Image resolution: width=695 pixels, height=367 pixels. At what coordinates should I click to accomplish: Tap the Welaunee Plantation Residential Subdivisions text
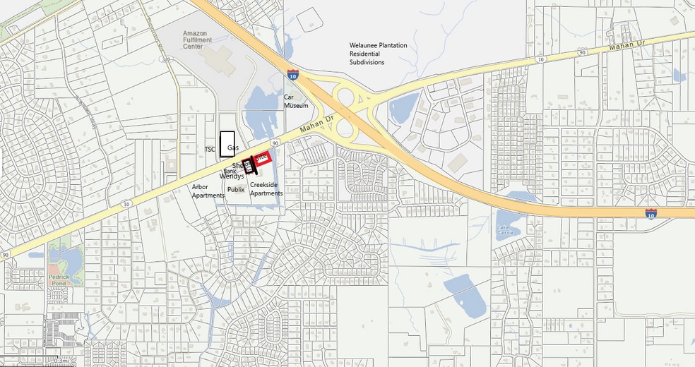tap(378, 54)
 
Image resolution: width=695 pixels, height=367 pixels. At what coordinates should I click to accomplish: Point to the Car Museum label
tap(297, 100)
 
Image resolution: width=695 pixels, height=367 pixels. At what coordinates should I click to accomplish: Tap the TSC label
tap(210, 149)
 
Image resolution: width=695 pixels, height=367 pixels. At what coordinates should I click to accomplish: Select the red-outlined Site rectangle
tap(263, 159)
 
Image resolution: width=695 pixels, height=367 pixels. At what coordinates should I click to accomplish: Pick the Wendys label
tap(232, 176)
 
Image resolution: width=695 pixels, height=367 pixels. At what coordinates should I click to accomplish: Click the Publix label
tap(236, 189)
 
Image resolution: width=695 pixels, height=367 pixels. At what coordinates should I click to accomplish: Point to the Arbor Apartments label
tap(208, 191)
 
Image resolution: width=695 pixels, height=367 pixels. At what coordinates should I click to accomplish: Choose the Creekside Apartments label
tap(266, 188)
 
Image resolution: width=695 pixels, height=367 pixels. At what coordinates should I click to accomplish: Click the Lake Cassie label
tap(504, 229)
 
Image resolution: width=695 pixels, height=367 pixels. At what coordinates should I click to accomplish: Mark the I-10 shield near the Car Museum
tap(292, 73)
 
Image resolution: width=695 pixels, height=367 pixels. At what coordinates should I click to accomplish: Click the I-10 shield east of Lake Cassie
tap(651, 212)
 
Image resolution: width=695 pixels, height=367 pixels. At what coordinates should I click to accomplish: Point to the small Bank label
tap(230, 170)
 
